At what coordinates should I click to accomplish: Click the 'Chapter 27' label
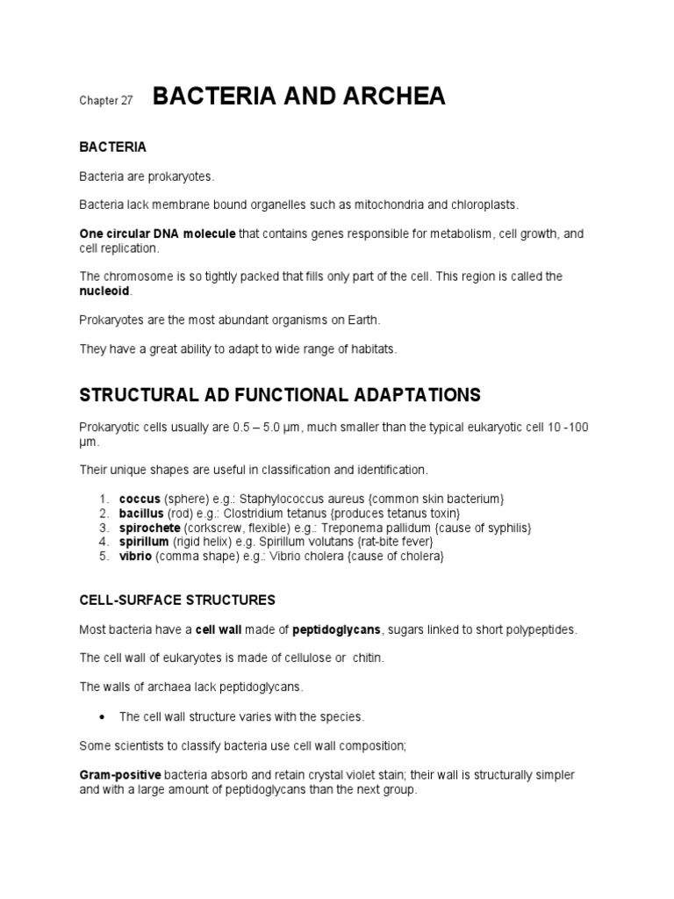[x=105, y=101]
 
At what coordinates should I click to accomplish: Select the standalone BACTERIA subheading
[x=112, y=147]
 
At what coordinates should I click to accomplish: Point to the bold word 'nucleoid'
[x=105, y=290]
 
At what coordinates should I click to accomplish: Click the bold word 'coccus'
[x=140, y=499]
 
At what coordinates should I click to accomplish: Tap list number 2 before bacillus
[x=103, y=513]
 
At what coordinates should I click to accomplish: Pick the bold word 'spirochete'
[x=150, y=528]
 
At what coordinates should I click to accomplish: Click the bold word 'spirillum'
[x=145, y=542]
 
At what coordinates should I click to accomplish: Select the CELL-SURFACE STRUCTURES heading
[x=177, y=601]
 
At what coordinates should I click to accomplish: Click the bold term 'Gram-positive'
[x=120, y=775]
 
